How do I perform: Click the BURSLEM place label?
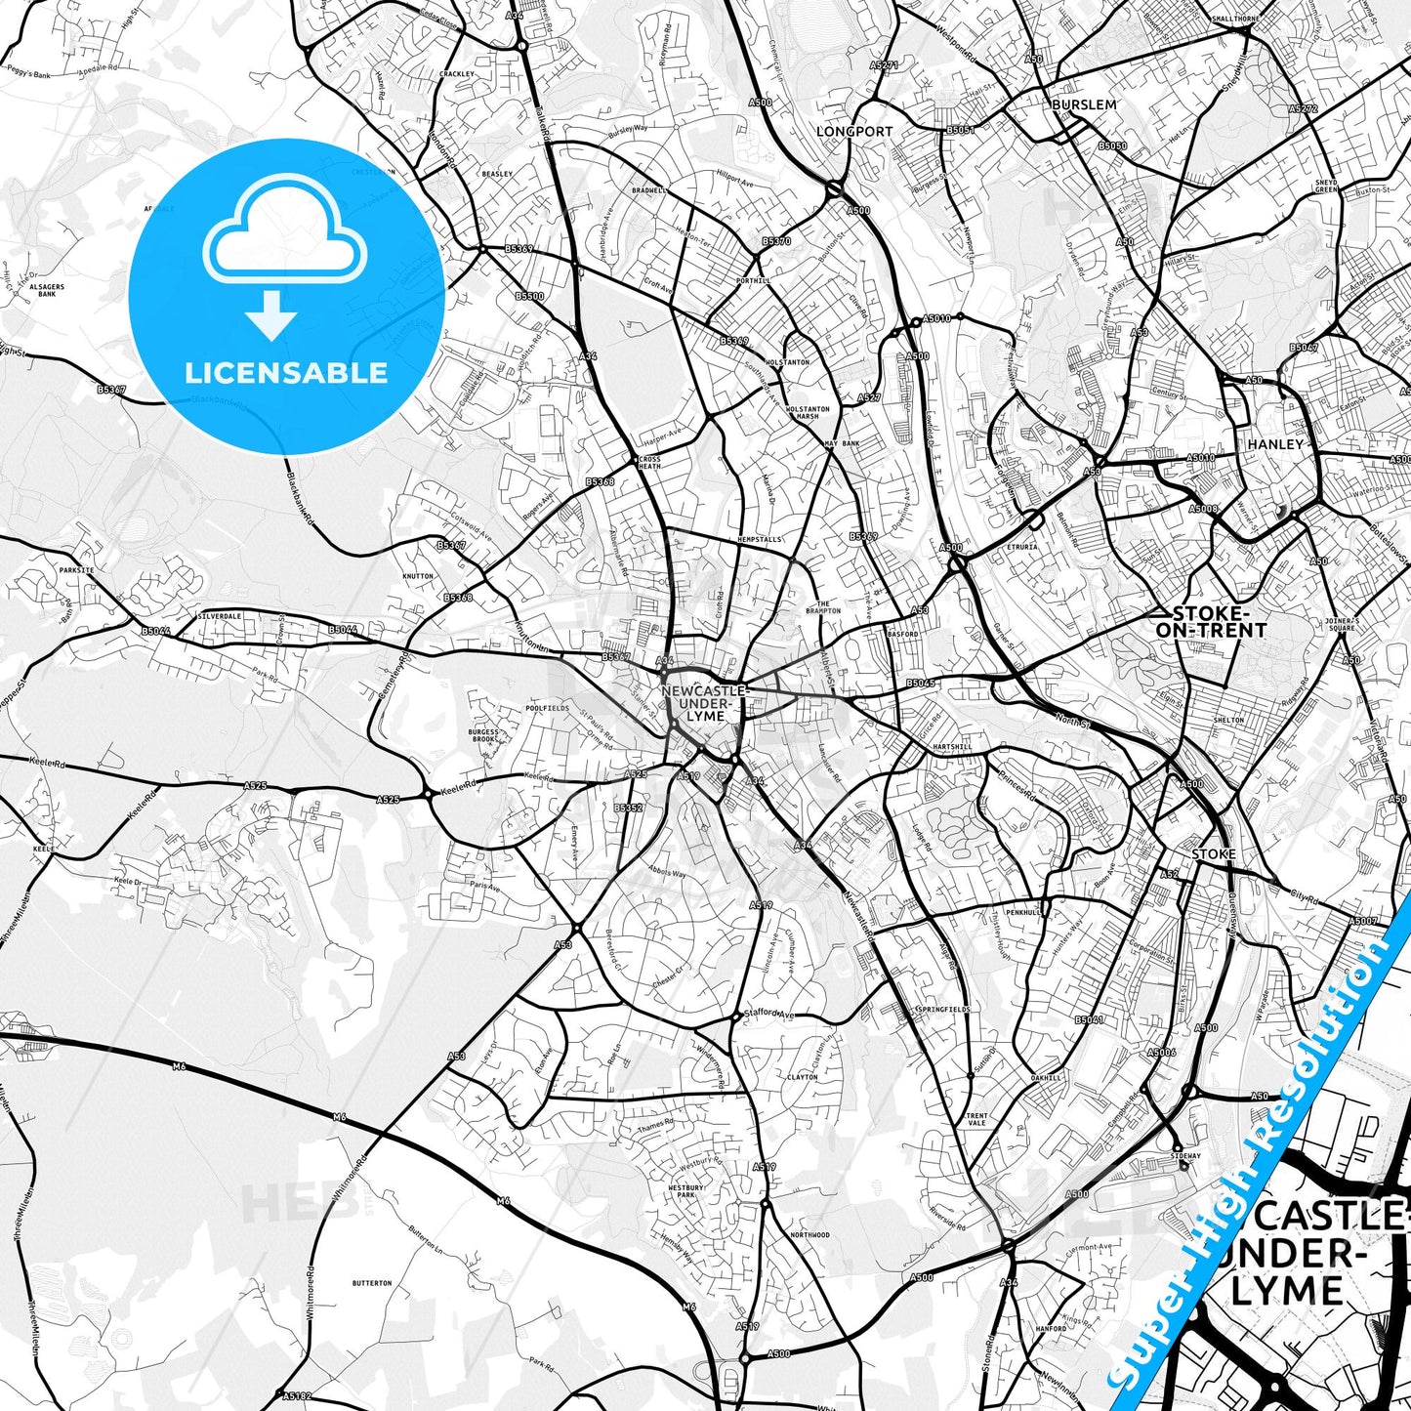click(1084, 104)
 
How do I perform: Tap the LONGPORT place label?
click(854, 131)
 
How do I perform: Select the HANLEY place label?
click(1275, 443)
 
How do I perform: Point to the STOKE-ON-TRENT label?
click(1211, 622)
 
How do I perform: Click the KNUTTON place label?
click(418, 576)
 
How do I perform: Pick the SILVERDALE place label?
click(220, 617)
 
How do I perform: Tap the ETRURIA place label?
click(1022, 547)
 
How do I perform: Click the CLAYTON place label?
click(802, 1077)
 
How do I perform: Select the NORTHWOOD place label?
click(809, 1235)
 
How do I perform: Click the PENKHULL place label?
click(1024, 912)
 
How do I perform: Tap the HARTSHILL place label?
click(953, 747)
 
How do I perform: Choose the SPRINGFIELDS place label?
click(942, 1008)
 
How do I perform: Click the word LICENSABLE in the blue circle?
click(286, 372)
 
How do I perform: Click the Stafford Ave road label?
click(769, 1015)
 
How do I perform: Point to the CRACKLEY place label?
click(456, 74)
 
